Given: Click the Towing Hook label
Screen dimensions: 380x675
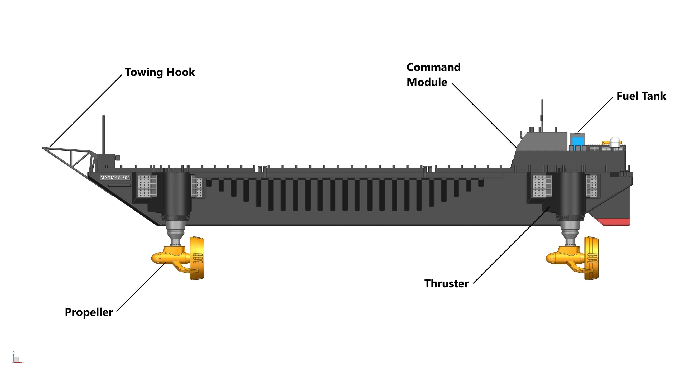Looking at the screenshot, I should (160, 72).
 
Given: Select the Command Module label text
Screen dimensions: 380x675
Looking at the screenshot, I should (433, 74).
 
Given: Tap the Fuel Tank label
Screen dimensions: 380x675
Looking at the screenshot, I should (641, 96).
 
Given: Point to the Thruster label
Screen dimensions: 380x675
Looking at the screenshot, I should (446, 283).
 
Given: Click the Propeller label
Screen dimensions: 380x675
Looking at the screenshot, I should (89, 312).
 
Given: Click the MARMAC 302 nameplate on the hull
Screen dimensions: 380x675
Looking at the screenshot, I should (115, 178).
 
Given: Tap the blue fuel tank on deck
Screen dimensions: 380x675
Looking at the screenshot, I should (576, 142).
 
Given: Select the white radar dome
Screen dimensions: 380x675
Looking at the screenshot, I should (615, 142).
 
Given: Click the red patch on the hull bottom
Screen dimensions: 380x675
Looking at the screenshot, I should (614, 222).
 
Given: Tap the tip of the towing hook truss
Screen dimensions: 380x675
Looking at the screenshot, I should (44, 148).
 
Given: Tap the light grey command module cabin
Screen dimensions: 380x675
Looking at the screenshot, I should (543, 142).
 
